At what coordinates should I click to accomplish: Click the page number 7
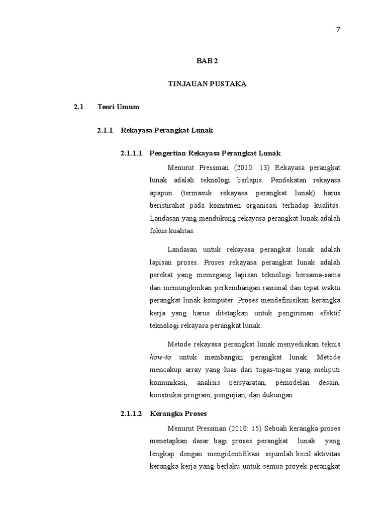pyautogui.click(x=338, y=30)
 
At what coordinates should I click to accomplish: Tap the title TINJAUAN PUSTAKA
pyautogui.click(x=207, y=84)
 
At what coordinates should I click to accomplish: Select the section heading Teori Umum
pyautogui.click(x=118, y=107)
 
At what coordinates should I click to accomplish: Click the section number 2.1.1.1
pyautogui.click(x=132, y=153)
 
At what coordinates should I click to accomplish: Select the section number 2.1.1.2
pyautogui.click(x=132, y=414)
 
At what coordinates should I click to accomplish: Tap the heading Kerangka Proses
pyautogui.click(x=178, y=414)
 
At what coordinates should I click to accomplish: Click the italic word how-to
pyautogui.click(x=161, y=358)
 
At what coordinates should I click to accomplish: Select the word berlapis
pyautogui.click(x=250, y=180)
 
